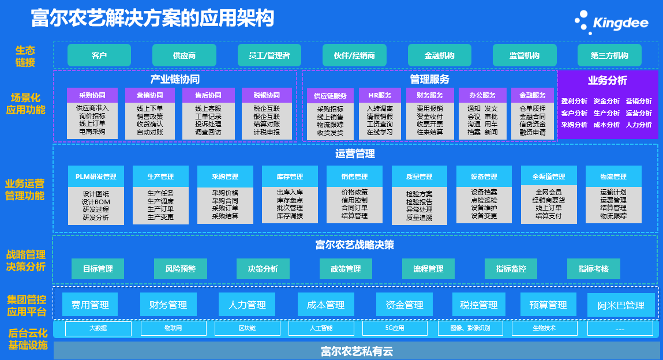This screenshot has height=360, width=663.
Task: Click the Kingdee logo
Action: tap(611, 22)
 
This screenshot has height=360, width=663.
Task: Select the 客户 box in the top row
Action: tap(99, 55)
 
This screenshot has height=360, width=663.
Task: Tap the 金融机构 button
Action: tap(439, 55)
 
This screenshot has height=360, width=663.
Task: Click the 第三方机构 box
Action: tap(609, 55)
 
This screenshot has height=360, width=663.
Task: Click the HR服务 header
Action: tap(379, 95)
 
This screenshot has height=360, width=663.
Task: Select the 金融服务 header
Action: tap(533, 95)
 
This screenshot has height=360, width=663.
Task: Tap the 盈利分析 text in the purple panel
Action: tap(574, 102)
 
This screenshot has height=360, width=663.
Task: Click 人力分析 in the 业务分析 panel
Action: tap(639, 125)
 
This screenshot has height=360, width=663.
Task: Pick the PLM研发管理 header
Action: tap(96, 177)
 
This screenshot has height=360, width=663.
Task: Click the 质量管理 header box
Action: tap(419, 177)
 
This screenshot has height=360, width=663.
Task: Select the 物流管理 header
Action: tap(613, 177)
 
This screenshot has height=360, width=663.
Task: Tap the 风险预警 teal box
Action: tap(181, 269)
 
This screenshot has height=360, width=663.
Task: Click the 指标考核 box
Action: tap(593, 269)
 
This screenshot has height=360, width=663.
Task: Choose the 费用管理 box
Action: tap(90, 305)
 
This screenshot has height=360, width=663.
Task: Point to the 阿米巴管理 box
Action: tap(621, 305)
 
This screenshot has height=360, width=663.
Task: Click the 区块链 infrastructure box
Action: tap(246, 328)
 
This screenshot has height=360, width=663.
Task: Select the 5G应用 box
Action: tap(395, 328)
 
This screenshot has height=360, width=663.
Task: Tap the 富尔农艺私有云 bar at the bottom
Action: tap(357, 351)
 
